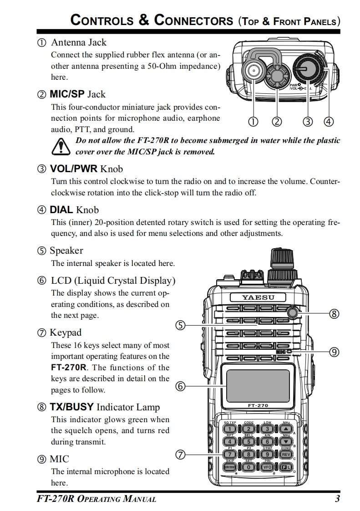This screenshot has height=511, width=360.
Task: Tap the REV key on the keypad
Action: tap(286, 455)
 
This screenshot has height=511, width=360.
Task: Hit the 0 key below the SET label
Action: tap(249, 467)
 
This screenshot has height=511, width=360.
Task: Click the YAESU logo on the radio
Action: tap(258, 298)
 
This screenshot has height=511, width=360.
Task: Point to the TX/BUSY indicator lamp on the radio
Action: tap(292, 312)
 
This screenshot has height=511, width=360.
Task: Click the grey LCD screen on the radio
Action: tap(258, 383)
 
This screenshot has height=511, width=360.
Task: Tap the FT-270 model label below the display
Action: tap(258, 405)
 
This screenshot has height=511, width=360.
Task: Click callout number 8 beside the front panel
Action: tap(334, 313)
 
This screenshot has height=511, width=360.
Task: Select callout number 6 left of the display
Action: tap(180, 387)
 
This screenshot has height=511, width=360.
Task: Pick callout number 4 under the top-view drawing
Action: tap(329, 121)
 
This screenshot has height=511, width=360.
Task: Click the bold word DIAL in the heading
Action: tap(61, 210)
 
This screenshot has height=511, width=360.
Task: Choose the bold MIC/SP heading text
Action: tap(67, 94)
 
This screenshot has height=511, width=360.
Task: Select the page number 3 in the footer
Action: tap(337, 499)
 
